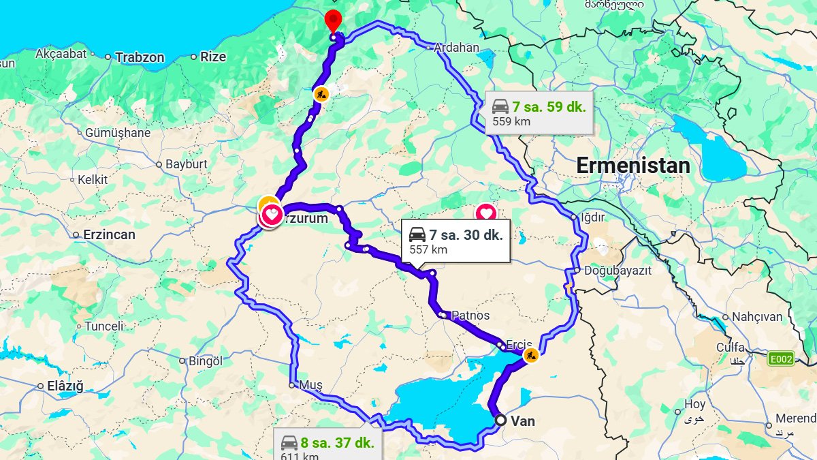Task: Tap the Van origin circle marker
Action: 500,420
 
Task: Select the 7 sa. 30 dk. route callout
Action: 455,241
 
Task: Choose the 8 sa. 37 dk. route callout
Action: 327,446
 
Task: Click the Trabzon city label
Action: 140,57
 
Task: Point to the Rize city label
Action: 212,57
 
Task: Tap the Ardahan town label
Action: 457,48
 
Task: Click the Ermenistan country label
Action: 632,166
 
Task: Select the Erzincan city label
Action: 109,234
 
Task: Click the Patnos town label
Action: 470,316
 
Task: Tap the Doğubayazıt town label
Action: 617,270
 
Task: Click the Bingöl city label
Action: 205,361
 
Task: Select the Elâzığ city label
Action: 65,386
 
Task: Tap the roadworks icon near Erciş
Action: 530,355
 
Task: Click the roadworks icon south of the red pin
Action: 320,93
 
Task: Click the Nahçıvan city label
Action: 758,317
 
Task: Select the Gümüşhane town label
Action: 117,133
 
